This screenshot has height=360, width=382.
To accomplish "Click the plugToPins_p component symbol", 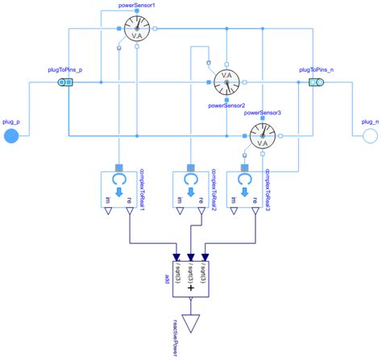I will pyautogui.click(x=63, y=81).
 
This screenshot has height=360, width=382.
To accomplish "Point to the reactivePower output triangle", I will pyautogui.click(x=191, y=323).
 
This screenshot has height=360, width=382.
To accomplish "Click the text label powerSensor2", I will pyautogui.click(x=226, y=104).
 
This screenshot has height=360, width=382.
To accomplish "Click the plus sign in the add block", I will pyautogui.click(x=190, y=288).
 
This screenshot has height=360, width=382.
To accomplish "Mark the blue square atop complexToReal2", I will pyautogui.click(x=191, y=168).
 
